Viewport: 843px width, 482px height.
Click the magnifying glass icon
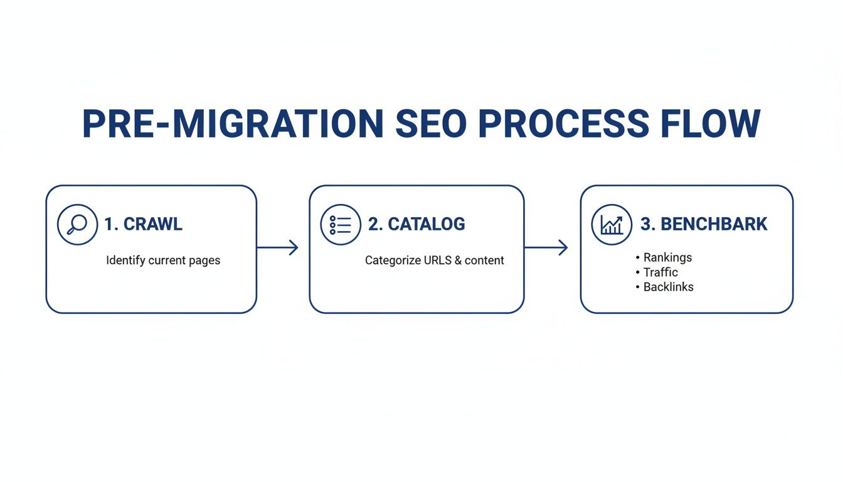pos(78,225)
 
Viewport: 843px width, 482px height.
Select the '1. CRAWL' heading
pos(143,225)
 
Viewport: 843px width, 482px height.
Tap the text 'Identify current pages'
pos(163,260)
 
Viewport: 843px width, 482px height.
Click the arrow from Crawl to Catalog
pos(277,247)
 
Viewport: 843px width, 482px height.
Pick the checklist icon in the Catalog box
pos(341,225)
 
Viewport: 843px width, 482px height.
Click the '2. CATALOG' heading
pos(416,225)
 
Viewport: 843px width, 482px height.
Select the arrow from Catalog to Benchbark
pos(546,247)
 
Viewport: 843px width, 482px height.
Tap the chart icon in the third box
pos(612,225)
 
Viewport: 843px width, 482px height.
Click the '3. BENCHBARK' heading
pos(704,225)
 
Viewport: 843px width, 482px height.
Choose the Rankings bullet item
pos(667,257)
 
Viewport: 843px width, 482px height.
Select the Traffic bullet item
pos(660,272)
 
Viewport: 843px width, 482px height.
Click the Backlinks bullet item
pos(668,287)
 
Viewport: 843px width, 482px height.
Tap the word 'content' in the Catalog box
pos(484,260)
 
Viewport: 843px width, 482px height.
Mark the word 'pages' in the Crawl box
pos(204,260)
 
